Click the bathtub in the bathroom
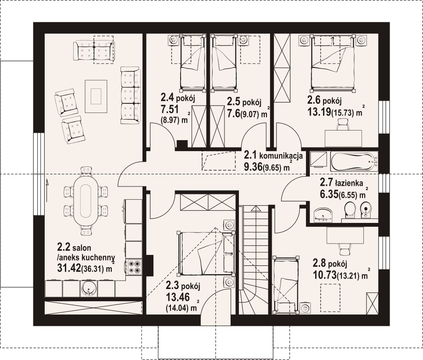point(354,162)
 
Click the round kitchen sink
point(88,289)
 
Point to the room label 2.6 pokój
point(324,101)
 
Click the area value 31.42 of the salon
point(69,268)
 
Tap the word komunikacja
point(281,156)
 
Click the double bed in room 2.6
point(333,63)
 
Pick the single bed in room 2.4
point(192,62)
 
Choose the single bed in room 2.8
point(286,284)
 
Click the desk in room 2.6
point(343,138)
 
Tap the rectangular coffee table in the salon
point(96,96)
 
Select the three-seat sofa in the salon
point(131,95)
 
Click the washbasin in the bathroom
point(323,215)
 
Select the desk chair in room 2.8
point(345,248)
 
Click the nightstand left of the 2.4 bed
point(174,40)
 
